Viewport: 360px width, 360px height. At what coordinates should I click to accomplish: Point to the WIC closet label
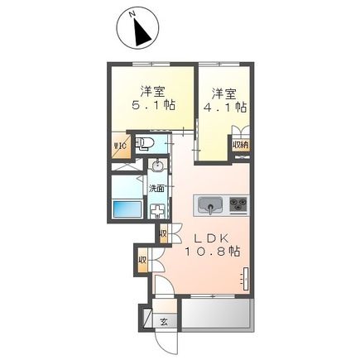click(119, 148)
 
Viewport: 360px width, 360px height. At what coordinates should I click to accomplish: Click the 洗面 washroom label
click(156, 187)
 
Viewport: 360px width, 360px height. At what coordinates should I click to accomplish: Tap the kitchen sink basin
click(209, 204)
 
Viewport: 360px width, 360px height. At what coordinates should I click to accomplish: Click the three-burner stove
click(238, 204)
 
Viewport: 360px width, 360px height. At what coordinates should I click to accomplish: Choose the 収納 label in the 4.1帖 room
click(239, 145)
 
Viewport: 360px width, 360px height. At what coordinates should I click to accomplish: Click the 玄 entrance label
click(163, 321)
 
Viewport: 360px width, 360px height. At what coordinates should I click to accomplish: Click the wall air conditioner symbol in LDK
click(244, 278)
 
